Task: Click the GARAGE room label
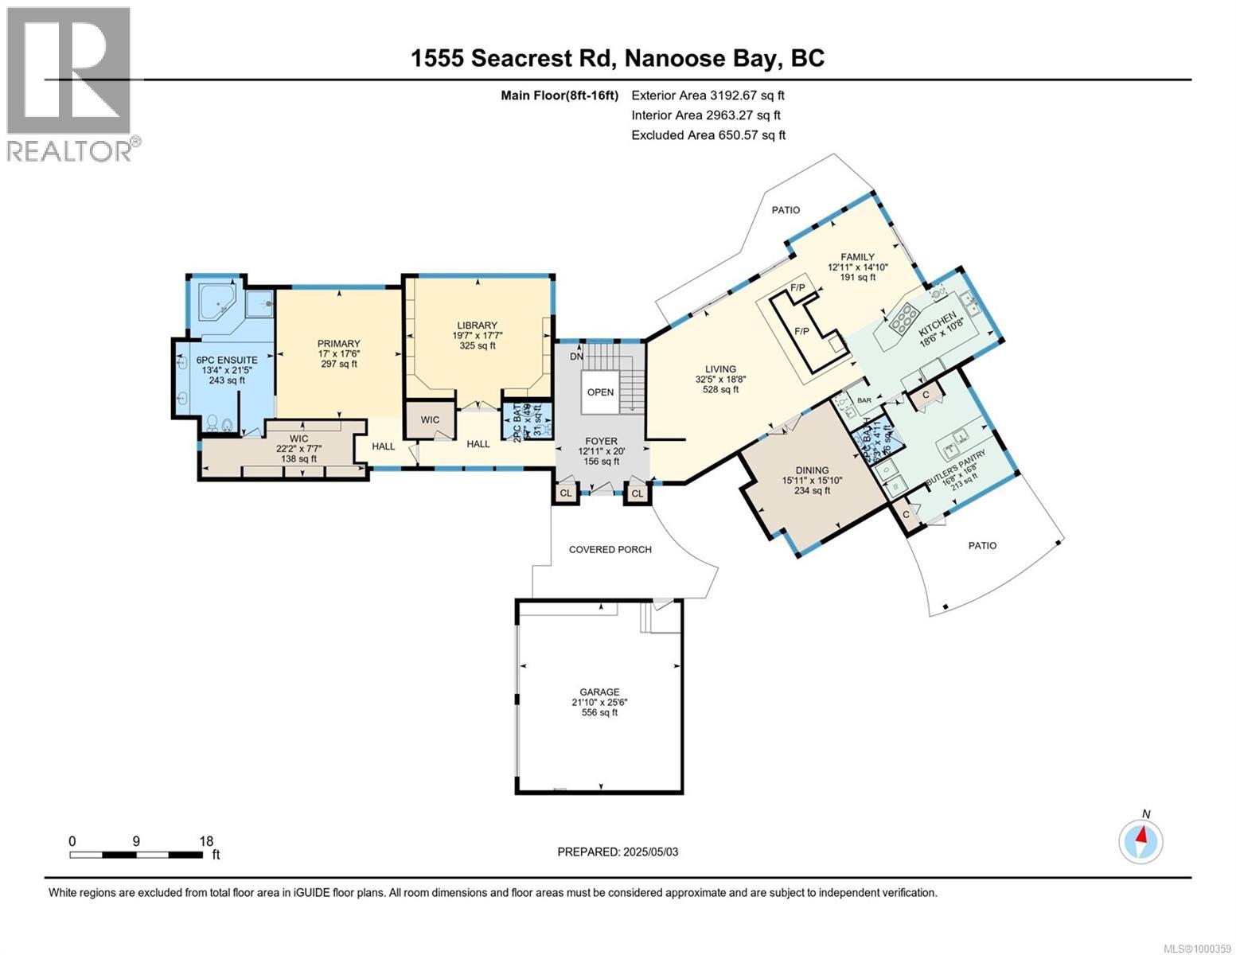click(599, 692)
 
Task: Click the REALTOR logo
click(70, 84)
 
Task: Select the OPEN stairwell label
click(600, 392)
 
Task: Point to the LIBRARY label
click(477, 325)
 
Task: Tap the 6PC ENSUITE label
click(227, 360)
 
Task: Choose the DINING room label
click(811, 470)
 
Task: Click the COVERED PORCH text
click(610, 549)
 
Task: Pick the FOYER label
click(602, 441)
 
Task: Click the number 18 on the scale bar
click(206, 841)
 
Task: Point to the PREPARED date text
click(618, 852)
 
